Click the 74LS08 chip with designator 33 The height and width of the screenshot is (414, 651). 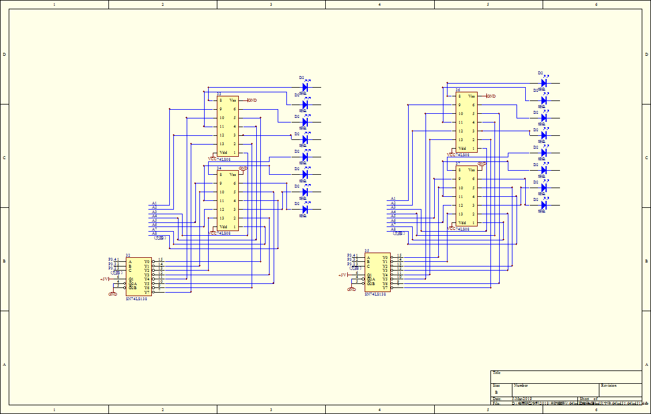click(227, 125)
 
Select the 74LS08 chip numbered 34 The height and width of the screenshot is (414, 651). click(227, 200)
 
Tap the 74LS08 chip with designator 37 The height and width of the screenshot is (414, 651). click(467, 196)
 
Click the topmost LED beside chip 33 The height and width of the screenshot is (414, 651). click(305, 87)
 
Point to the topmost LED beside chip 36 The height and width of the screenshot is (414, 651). click(544, 83)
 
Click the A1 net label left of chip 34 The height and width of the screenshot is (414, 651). click(154, 203)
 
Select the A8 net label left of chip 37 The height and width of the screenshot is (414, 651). click(393, 229)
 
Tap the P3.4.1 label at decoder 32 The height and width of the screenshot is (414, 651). click(114, 260)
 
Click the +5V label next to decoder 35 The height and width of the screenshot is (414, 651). click(342, 275)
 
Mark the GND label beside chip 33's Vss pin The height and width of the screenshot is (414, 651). click(252, 100)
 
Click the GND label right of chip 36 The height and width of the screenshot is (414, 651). click(491, 96)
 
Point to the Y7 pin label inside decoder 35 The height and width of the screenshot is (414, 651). click(385, 287)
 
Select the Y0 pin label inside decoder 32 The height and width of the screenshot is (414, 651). click(147, 261)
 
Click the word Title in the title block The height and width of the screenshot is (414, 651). click(496, 373)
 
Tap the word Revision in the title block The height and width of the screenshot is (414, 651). click(609, 386)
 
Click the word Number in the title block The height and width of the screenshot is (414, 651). click(521, 386)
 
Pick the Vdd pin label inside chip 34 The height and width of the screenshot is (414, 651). click(223, 227)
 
